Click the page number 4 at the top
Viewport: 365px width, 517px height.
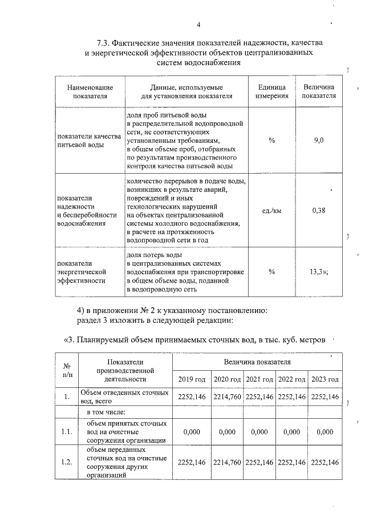198,25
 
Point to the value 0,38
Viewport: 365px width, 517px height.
319,210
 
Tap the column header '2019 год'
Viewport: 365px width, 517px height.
192,379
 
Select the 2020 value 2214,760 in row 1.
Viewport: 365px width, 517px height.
228,396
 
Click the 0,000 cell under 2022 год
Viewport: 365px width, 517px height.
292,432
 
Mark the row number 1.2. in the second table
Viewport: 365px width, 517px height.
66,462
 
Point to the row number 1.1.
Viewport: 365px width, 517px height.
66,432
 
